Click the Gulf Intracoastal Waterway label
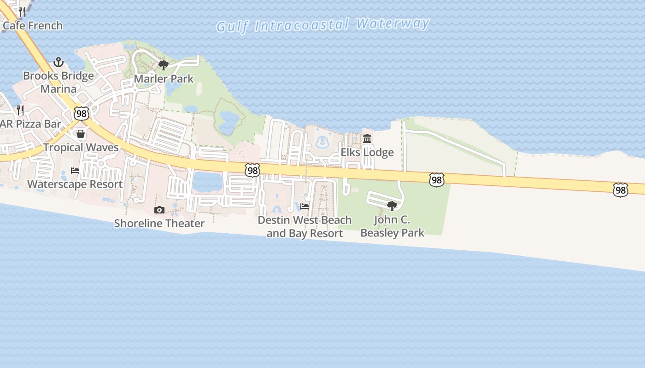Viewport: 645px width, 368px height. [323, 25]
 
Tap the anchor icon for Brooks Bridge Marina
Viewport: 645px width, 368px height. [59, 62]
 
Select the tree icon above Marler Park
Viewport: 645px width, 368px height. [163, 65]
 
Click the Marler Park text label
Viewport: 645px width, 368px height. [164, 79]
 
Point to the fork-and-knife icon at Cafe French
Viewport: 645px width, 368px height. [22, 11]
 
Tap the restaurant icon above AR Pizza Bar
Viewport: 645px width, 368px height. [20, 110]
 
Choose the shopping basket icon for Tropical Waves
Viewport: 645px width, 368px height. [81, 134]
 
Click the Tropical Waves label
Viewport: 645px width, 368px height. [81, 148]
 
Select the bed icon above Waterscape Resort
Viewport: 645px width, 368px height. [75, 171]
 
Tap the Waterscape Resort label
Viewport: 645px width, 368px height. [75, 184]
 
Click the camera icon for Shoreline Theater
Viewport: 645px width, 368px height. [159, 210]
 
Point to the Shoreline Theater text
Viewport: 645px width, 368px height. [159, 224]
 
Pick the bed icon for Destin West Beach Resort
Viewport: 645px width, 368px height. [305, 207]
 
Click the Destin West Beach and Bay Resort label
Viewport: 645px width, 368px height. [305, 227]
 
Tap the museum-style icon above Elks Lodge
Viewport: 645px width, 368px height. [367, 138]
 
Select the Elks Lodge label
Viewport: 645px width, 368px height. [367, 152]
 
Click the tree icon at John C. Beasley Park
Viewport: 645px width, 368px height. [392, 206]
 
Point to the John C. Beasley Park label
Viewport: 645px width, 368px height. [392, 226]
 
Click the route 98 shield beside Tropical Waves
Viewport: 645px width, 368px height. [81, 113]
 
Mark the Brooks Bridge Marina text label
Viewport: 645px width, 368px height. [59, 82]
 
